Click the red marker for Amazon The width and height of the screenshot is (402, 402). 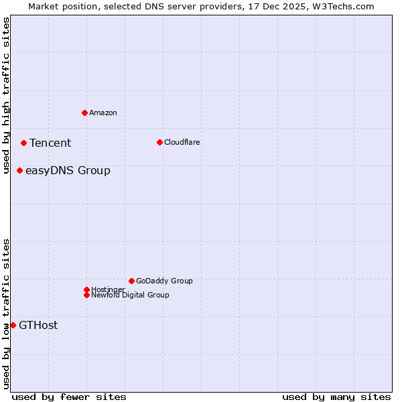[x=84, y=113]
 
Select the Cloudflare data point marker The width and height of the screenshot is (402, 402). [x=159, y=142]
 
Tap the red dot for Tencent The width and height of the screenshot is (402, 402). [x=23, y=143]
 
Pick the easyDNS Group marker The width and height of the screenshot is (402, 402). [x=20, y=170]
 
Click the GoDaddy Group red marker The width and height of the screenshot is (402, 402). [x=131, y=281]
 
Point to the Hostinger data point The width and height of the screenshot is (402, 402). [x=86, y=289]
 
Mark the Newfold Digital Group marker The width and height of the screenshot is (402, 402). [x=86, y=295]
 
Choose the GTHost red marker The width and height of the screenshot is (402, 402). [x=13, y=325]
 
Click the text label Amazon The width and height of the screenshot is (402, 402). [x=103, y=113]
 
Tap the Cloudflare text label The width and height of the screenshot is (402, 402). [x=182, y=142]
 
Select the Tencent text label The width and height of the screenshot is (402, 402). [x=50, y=143]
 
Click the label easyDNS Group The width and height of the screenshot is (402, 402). [x=68, y=170]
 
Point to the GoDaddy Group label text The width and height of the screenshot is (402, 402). [x=164, y=281]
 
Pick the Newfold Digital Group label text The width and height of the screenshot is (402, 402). [x=130, y=295]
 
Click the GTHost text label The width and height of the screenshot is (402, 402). [x=38, y=325]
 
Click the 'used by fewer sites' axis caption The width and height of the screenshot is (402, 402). [x=69, y=397]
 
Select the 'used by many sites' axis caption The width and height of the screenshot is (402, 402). [x=336, y=397]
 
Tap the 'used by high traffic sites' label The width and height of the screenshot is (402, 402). [x=6, y=95]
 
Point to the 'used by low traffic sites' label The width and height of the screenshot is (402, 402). [x=6, y=314]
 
